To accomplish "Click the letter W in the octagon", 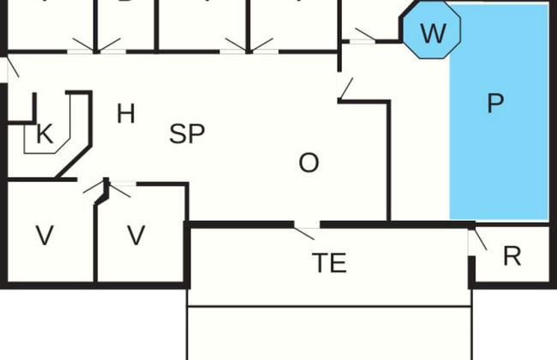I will coord(433,34).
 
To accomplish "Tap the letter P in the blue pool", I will coord(494,104).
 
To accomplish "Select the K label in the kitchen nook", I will coord(44,134).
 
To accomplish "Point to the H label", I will coord(125,113).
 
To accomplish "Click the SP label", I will coord(187,134).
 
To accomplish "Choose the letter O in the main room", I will coord(308,162).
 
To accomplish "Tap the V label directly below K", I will coord(45,236).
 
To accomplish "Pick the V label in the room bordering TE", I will coord(135,236).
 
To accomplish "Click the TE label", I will coord(329,262).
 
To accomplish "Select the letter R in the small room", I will coord(512,256).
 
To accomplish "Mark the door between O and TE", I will coord(305,229).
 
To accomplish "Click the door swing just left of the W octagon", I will coord(363,36).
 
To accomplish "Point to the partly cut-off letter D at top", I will coord(125,3).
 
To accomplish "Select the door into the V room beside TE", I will coord(120,187).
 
